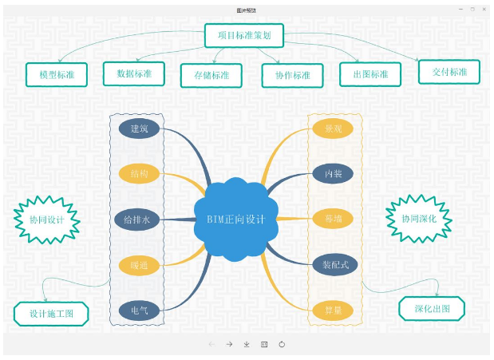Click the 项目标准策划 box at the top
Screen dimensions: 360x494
point(243,35)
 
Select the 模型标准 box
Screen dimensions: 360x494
point(56,74)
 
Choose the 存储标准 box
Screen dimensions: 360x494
point(211,75)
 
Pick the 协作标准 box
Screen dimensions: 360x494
point(293,75)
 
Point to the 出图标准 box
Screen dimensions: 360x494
point(370,74)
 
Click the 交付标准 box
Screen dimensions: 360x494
point(449,72)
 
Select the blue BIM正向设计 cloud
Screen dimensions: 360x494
point(235,218)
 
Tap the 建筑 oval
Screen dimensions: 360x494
point(140,128)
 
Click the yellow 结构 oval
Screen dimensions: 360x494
point(140,173)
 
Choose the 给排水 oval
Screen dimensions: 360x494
point(139,218)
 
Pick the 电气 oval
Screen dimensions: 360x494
point(140,309)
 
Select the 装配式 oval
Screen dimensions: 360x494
point(334,263)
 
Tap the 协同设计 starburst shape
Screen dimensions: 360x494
point(47,218)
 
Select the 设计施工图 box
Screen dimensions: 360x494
point(51,314)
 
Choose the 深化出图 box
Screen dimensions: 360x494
point(431,308)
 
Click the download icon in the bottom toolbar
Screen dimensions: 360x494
point(247,344)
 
